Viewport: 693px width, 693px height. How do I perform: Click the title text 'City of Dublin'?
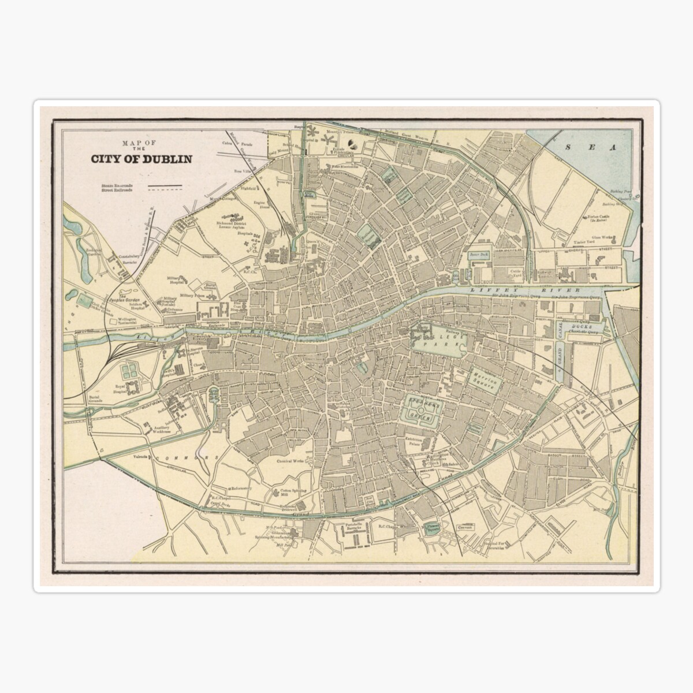tap(141, 159)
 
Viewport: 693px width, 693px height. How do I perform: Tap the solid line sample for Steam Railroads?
tap(165, 185)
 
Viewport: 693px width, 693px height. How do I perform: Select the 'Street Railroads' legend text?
tap(117, 189)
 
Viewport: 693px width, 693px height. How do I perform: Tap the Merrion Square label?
tap(485, 382)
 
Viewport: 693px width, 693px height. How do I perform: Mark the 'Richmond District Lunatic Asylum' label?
tap(232, 225)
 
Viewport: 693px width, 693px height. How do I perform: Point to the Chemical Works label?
tap(290, 461)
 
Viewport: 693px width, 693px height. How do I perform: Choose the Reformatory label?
tap(241, 488)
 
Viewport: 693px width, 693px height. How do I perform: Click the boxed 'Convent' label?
tap(465, 527)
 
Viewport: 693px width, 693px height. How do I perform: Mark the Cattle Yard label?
tap(515, 272)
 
